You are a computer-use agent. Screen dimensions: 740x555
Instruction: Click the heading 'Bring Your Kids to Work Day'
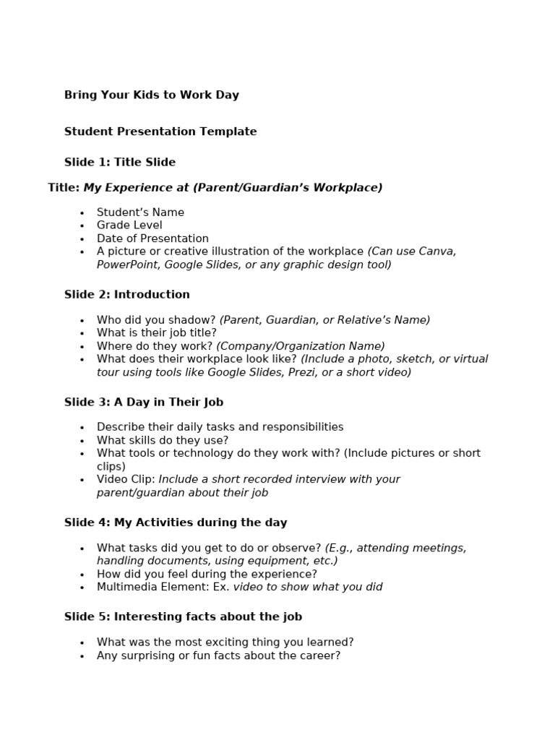point(151,95)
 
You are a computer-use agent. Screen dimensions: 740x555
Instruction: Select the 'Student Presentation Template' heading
point(160,132)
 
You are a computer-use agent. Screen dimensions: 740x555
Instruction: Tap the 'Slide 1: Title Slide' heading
point(120,162)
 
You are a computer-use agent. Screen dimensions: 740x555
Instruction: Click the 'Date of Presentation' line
point(152,238)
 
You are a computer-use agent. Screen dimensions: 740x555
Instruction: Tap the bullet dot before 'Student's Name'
point(82,213)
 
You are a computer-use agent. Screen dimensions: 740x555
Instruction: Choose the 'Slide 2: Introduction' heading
point(127,295)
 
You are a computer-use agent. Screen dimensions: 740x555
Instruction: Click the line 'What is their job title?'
point(156,333)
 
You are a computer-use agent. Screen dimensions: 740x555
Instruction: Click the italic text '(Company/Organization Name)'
point(301,346)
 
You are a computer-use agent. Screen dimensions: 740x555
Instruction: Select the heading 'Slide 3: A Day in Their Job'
point(144,403)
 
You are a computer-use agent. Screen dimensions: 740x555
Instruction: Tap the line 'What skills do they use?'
point(162,440)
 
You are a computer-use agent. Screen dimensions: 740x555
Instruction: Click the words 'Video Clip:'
point(126,479)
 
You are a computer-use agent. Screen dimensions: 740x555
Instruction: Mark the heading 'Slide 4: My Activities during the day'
point(176,522)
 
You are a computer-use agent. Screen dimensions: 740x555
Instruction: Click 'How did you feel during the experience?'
point(207,574)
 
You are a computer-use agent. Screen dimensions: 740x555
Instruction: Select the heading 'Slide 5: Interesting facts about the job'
point(183,616)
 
